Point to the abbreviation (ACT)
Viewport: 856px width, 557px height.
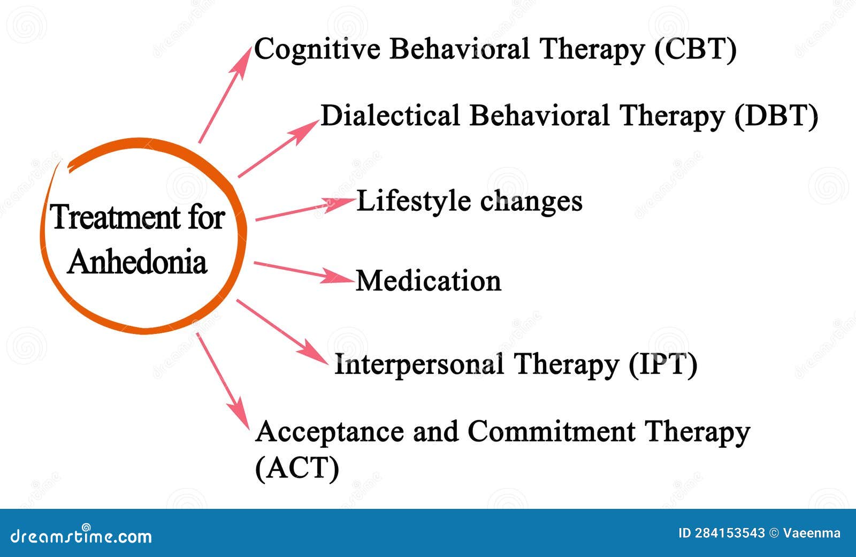tap(297, 468)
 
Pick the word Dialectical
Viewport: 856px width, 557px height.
tap(390, 116)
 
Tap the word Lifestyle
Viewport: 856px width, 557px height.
tap(413, 202)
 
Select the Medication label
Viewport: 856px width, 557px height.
tap(429, 280)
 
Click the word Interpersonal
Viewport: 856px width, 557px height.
tap(419, 365)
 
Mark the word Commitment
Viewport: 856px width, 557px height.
tap(551, 432)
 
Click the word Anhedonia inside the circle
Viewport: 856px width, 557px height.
tap(137, 262)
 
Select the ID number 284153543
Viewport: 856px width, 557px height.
tap(722, 533)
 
